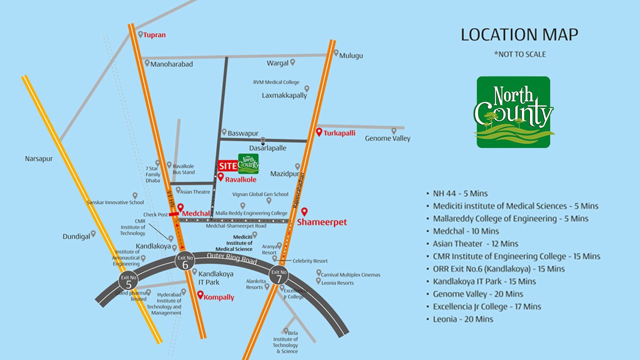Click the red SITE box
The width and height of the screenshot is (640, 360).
click(227, 166)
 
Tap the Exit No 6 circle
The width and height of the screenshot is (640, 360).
click(185, 262)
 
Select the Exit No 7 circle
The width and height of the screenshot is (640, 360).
click(278, 275)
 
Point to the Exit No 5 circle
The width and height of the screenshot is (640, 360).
click(128, 281)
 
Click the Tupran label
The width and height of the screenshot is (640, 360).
click(154, 35)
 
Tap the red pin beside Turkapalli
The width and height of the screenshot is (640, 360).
click(319, 132)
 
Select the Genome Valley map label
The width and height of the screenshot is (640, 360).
click(387, 138)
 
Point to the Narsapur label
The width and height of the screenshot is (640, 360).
click(39, 158)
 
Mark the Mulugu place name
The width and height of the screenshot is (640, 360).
click(351, 55)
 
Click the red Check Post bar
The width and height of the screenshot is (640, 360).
click(173, 214)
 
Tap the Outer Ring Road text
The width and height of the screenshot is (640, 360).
click(232, 258)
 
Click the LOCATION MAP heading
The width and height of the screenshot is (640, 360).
click(519, 34)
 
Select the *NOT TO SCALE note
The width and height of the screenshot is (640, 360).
click(519, 54)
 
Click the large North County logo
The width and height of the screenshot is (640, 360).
click(513, 112)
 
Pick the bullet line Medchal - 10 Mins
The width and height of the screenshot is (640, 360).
click(466, 231)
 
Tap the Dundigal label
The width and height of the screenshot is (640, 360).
click(76, 236)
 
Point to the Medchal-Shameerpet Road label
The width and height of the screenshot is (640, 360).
click(236, 226)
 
